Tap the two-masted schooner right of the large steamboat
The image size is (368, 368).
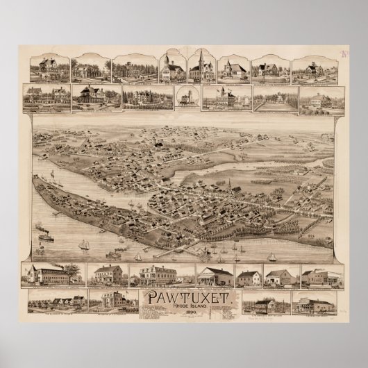tap(83, 244)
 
